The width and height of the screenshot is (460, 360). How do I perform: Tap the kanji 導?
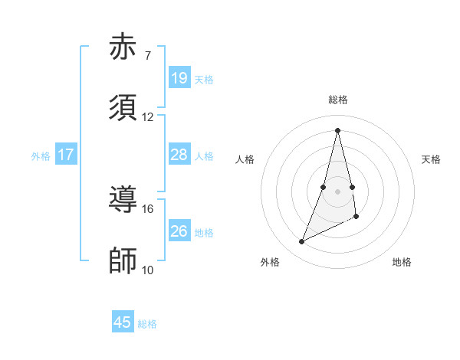point(123,199)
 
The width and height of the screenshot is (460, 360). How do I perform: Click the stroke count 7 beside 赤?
point(147,56)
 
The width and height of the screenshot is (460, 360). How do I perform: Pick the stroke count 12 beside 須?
point(147,117)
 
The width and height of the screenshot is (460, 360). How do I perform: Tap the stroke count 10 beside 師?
point(147,270)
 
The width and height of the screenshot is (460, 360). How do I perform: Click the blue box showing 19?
point(179,78)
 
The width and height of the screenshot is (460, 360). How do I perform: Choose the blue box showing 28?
point(179,155)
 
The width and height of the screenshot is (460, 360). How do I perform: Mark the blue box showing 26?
point(179,231)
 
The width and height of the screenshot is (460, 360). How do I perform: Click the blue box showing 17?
point(66,155)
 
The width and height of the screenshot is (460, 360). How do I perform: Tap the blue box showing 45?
point(123,322)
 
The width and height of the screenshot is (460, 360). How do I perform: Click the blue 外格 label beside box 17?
point(41,155)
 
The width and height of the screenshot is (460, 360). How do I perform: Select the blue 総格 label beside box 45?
point(147,324)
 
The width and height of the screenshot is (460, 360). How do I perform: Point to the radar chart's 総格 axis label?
point(338,100)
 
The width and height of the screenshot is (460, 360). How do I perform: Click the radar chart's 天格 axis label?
point(432,159)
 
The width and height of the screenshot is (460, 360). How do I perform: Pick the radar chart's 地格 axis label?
point(402,262)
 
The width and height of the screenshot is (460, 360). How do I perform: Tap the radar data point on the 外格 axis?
point(301,242)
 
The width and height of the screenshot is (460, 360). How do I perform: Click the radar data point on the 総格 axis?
point(338,130)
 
